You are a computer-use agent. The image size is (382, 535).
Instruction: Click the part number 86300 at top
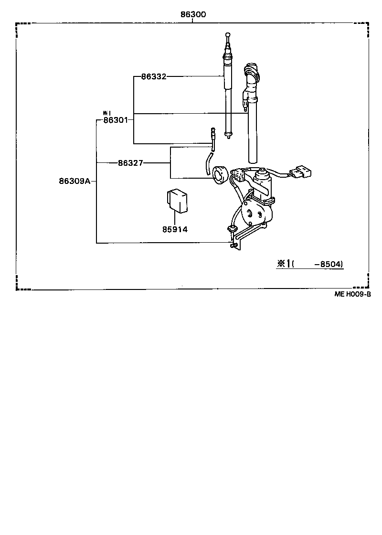click(193, 15)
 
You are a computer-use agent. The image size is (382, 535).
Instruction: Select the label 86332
click(153, 76)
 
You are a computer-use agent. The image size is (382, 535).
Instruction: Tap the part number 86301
click(115, 120)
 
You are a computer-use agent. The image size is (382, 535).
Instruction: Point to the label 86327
click(130, 163)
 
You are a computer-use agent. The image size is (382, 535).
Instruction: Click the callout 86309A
click(74, 181)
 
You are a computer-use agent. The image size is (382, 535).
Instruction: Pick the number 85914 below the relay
click(174, 229)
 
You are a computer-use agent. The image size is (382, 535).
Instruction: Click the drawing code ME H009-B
click(352, 295)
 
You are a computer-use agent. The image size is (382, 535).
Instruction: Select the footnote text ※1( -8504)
click(309, 264)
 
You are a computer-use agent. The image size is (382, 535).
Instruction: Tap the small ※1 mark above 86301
click(106, 113)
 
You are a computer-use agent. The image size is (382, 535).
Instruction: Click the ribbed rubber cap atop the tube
click(251, 74)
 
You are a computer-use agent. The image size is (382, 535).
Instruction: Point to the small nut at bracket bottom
click(233, 246)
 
